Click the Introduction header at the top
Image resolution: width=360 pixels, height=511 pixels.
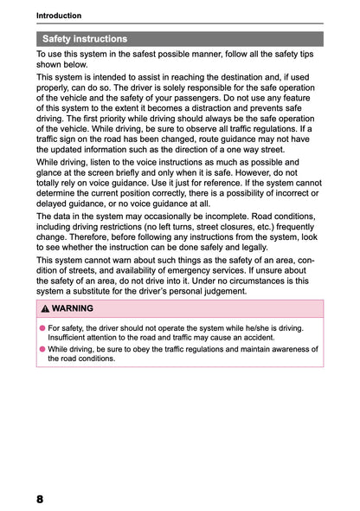coord(59,16)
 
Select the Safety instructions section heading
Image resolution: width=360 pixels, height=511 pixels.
coord(85,39)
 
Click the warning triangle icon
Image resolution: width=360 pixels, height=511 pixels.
coord(44,308)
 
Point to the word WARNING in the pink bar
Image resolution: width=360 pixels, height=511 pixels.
coord(72,308)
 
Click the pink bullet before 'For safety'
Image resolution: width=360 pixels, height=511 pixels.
coord(42,329)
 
